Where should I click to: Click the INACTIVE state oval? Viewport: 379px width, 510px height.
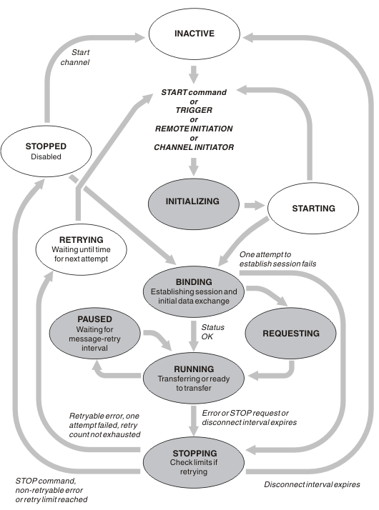195,34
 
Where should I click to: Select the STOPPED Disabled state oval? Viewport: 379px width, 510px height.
46,151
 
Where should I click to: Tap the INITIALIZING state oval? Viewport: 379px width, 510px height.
194,204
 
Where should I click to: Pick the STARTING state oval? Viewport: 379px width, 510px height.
313,208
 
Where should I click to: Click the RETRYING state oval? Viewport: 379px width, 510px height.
81,249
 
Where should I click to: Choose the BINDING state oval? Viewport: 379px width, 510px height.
194,291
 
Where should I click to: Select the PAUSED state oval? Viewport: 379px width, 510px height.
94,334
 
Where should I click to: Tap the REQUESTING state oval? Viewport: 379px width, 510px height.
291,334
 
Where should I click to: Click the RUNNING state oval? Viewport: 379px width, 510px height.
194,379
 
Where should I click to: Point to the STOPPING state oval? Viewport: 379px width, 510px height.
194,462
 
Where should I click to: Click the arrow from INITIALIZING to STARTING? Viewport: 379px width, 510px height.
255,205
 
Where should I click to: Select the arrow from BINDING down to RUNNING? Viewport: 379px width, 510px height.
194,336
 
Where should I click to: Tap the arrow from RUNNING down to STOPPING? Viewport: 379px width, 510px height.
194,421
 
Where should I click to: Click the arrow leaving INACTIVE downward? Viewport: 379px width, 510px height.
194,74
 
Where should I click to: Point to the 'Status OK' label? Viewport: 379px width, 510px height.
212,331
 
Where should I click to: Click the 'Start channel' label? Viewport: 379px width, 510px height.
75,57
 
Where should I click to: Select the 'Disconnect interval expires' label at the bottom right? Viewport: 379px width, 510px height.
312,484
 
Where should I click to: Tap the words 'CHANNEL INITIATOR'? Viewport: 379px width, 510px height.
194,147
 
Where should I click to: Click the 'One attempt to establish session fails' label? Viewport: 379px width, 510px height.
277,259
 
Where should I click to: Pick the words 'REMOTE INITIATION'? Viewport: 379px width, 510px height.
194,129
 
